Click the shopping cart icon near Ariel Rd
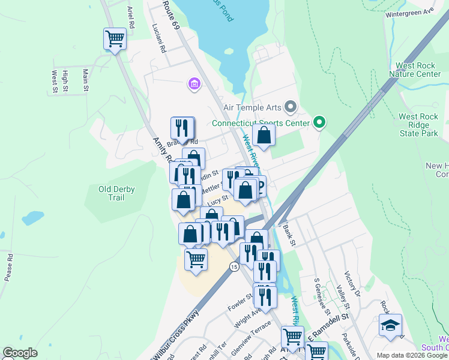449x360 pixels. [x=115, y=39]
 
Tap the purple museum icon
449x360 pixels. [x=194, y=83]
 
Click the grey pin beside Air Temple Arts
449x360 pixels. [x=291, y=107]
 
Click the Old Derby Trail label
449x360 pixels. [x=116, y=194]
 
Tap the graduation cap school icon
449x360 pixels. [x=390, y=326]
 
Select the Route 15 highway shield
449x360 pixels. [x=234, y=266]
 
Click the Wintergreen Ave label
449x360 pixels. [x=410, y=12]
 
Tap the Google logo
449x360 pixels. [x=20, y=353]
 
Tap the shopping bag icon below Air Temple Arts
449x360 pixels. [x=264, y=135]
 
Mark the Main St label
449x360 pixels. [x=86, y=80]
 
